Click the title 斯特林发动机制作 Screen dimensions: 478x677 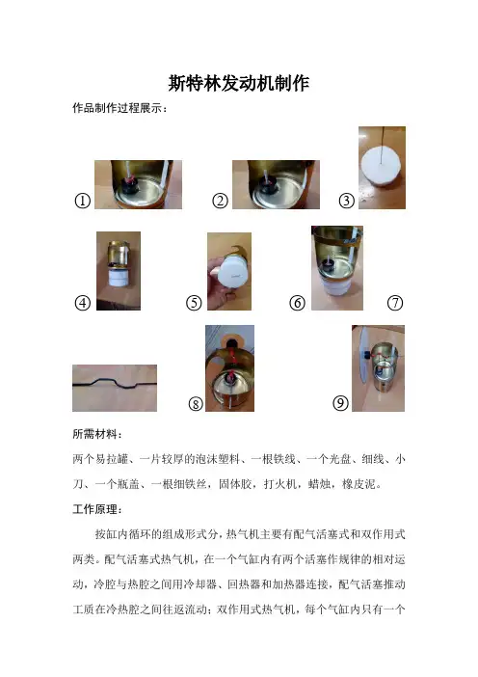(x=239, y=83)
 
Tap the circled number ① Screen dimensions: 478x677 (x=83, y=201)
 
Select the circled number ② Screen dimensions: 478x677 (x=220, y=201)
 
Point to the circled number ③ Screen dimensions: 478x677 (x=346, y=201)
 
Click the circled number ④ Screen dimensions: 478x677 (x=83, y=303)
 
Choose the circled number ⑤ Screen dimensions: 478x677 (x=194, y=303)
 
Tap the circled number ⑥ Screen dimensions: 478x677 (x=297, y=303)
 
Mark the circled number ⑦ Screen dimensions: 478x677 (x=395, y=303)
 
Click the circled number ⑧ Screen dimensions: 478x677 (x=196, y=404)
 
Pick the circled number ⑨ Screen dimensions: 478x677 (x=340, y=403)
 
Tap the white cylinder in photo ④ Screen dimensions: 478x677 (x=118, y=277)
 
